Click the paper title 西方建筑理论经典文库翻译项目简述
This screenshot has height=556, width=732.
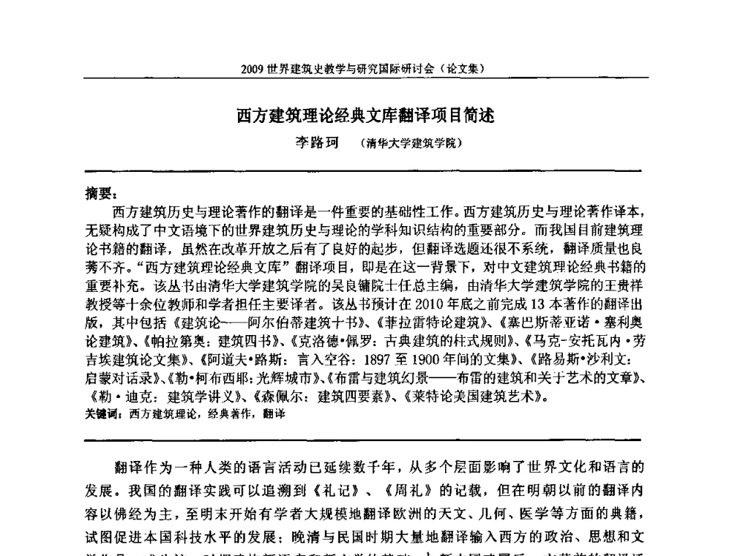[x=365, y=116]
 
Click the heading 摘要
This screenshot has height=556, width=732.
[x=97, y=194]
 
